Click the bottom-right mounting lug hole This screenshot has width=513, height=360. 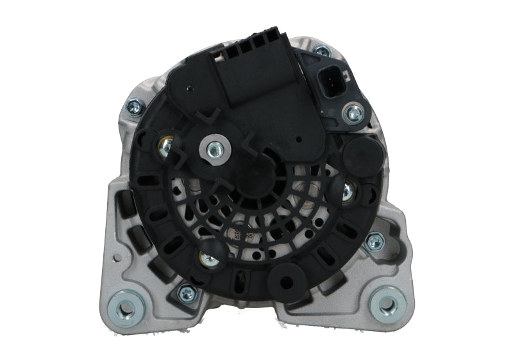click(387, 304)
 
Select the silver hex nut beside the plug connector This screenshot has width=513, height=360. click(353, 114)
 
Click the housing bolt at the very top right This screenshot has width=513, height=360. click(322, 49)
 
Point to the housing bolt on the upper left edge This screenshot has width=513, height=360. click(135, 105)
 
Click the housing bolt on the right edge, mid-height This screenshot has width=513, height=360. click(374, 242)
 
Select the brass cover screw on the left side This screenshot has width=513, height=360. click(165, 146)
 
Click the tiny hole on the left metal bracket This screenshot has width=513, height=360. click(117, 259)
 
